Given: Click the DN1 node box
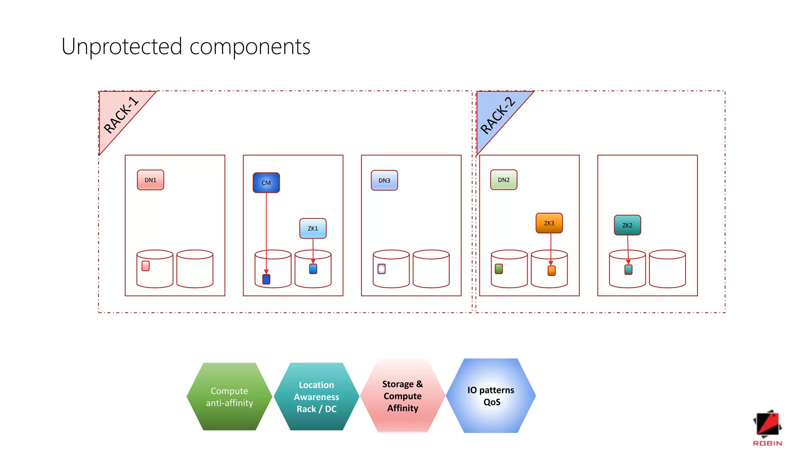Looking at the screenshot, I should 151,180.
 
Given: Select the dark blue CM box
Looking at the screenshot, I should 266,183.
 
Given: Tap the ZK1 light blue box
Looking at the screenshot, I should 313,229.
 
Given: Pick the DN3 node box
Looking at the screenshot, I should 384,180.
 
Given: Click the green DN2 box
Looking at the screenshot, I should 504,180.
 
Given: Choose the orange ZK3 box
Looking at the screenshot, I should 549,223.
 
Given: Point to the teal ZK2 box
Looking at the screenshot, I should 627,225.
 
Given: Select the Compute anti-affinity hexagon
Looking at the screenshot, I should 230,397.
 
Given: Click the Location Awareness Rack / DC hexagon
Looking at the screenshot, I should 316,397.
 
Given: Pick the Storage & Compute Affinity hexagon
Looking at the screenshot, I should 402,396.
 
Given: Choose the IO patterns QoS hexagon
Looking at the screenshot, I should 491,396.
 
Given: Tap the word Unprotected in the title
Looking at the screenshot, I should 122,47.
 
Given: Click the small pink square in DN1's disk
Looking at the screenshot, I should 145,266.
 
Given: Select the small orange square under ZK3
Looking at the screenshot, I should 551,271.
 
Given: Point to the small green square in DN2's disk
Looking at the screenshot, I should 499,269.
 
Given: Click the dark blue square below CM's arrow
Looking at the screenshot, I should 266,279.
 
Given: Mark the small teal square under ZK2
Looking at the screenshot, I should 629,270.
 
